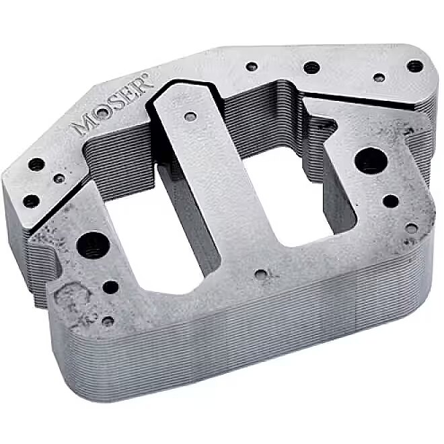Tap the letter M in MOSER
click(x=83, y=124)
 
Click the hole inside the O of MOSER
click(x=102, y=113)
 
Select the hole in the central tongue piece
click(x=190, y=116)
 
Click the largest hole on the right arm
click(x=371, y=160)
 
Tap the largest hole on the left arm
click(x=93, y=246)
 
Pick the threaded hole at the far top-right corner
click(x=415, y=66)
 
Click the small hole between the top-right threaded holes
click(x=379, y=77)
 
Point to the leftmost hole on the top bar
click(x=252, y=67)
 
